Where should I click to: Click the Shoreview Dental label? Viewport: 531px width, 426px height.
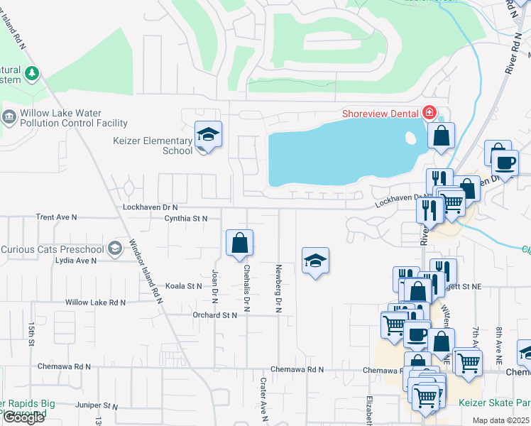[381, 113]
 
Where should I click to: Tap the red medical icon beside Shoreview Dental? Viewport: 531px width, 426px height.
[428, 112]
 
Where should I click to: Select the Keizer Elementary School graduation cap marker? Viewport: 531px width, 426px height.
[209, 134]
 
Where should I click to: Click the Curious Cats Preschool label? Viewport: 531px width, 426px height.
[53, 249]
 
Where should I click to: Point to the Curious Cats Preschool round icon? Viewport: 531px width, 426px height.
[115, 248]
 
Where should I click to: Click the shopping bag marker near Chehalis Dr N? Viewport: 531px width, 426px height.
[240, 243]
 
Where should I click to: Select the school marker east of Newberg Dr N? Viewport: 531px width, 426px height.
[315, 261]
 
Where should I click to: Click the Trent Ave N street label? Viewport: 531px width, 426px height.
[56, 217]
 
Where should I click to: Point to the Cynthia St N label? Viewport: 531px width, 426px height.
[185, 219]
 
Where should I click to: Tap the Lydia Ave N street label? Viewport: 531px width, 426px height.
[75, 261]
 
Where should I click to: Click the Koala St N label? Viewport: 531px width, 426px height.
[184, 286]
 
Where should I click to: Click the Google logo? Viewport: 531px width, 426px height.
[23, 417]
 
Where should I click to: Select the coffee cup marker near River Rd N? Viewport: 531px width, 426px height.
[505, 162]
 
